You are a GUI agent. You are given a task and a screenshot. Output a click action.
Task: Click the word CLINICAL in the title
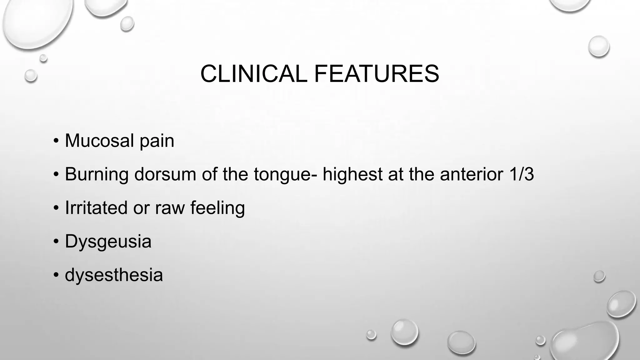tap(253, 74)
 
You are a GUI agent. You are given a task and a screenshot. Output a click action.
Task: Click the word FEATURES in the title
tap(377, 74)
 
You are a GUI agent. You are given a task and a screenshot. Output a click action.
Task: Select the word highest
tap(352, 174)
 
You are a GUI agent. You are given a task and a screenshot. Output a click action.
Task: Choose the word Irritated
tap(96, 208)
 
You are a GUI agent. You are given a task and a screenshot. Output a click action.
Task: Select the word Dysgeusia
tap(108, 242)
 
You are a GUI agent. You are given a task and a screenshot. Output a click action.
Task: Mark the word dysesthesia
tap(114, 275)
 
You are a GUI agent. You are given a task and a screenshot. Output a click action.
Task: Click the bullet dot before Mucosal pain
tap(56, 141)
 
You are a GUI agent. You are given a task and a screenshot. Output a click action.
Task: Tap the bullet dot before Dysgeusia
tap(56, 242)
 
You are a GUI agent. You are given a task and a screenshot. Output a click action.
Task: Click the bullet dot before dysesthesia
tap(56, 275)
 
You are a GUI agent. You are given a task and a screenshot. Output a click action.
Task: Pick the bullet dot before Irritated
tap(56, 208)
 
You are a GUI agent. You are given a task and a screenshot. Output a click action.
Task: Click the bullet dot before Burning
tap(56, 174)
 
